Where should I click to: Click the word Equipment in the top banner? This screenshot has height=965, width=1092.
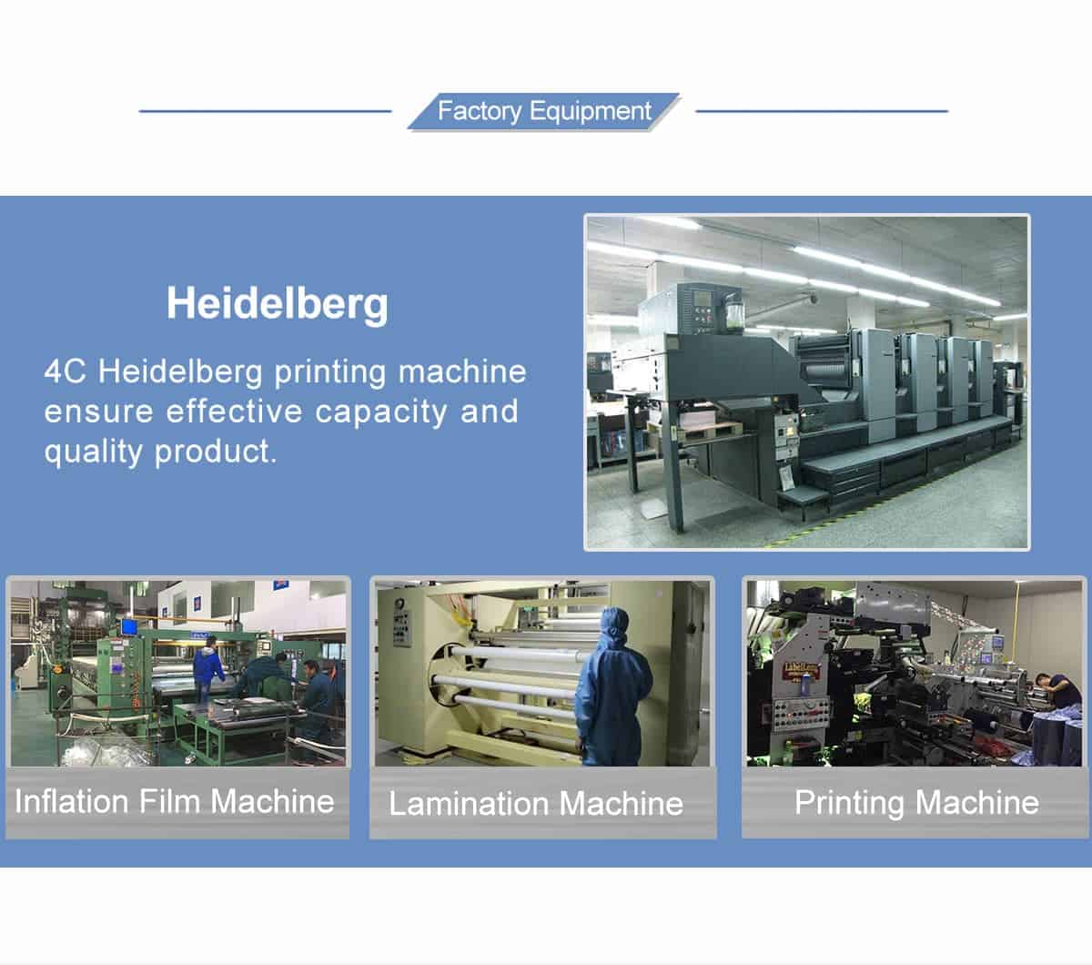point(591,111)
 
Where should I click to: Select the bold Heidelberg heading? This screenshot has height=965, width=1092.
point(277,304)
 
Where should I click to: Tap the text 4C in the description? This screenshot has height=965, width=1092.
point(65,371)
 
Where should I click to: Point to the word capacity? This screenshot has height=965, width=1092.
point(380,413)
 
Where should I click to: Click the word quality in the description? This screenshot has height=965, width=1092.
point(93,452)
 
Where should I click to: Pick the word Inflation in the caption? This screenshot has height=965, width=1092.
point(71,801)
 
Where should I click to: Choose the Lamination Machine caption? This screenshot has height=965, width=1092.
point(536,804)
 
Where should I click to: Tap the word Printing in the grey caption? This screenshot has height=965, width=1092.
point(849,804)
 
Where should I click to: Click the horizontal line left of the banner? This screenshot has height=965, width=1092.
point(265,111)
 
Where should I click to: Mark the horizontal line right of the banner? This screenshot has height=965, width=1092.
point(822,111)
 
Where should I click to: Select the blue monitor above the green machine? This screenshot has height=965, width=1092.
point(129,627)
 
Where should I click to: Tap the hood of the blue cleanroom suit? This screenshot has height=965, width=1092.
point(615,625)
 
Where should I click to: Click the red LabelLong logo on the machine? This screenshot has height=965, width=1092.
point(802,669)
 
